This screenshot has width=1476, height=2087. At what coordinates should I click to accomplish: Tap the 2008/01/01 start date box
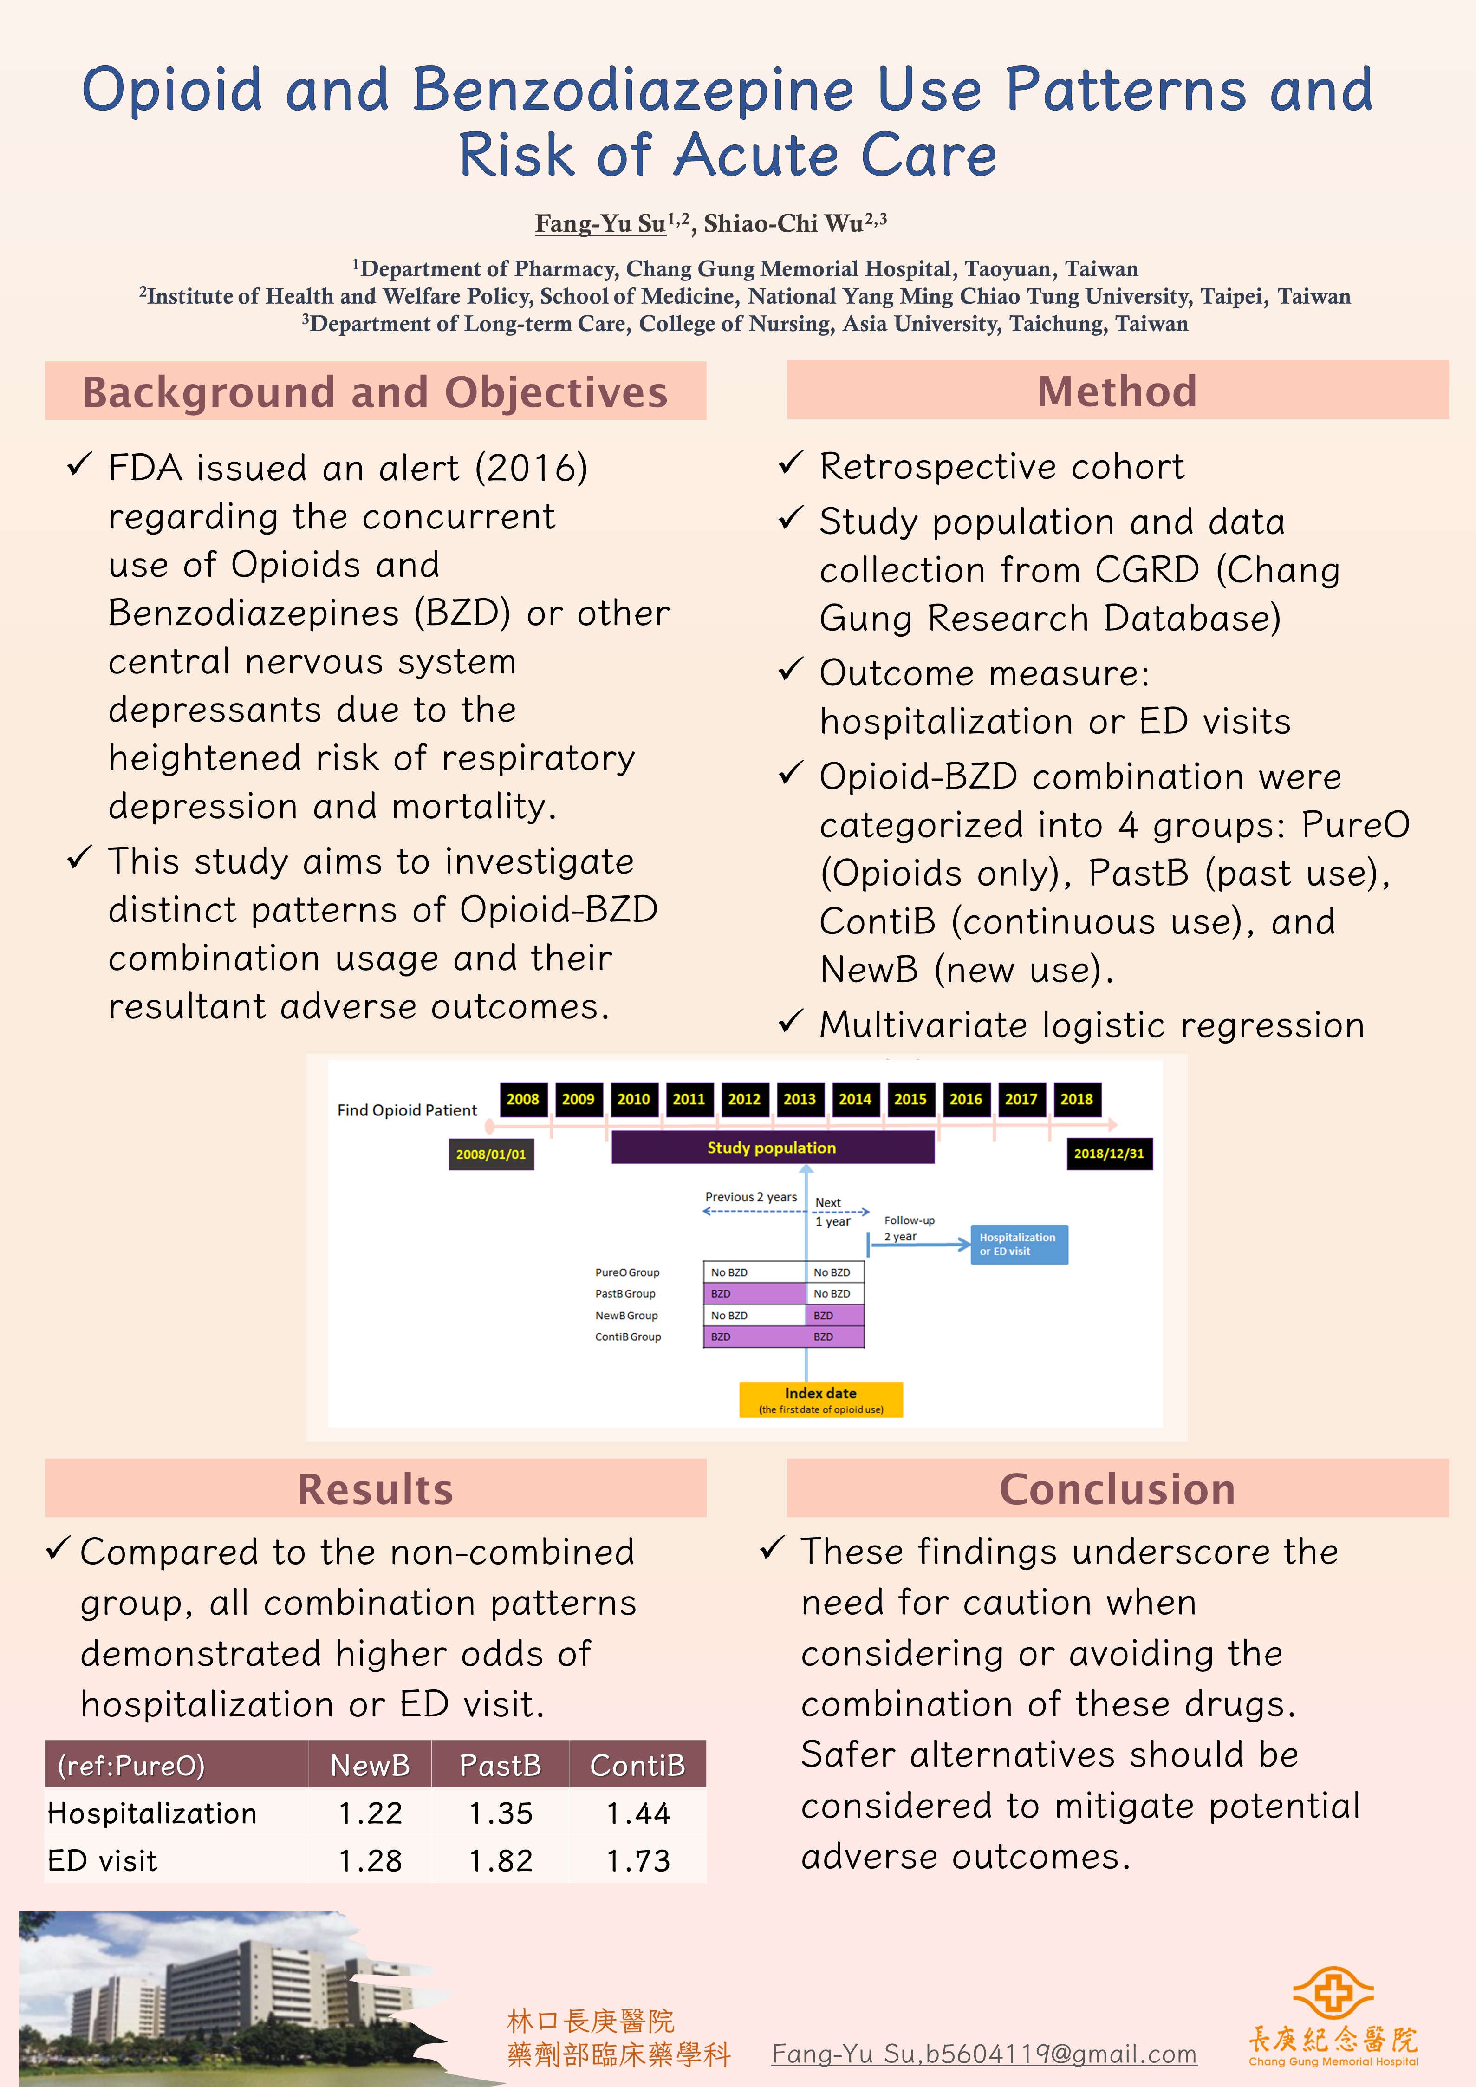[x=491, y=1154]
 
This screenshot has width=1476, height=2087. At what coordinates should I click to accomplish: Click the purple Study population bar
[x=772, y=1147]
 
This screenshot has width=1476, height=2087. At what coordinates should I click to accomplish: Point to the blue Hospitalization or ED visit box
[x=1018, y=1245]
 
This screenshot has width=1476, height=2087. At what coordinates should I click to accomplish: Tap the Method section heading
[x=1117, y=391]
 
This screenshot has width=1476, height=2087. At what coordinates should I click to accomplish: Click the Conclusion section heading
[x=1117, y=1489]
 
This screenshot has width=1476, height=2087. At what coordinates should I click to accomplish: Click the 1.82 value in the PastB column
[x=501, y=1861]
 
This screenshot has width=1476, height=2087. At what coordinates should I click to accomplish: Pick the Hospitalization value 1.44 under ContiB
[x=638, y=1813]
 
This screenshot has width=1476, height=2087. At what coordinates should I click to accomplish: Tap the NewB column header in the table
[x=370, y=1765]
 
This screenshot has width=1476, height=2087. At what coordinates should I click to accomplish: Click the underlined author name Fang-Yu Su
[x=600, y=224]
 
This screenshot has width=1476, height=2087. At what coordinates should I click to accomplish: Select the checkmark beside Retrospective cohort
[x=790, y=464]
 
